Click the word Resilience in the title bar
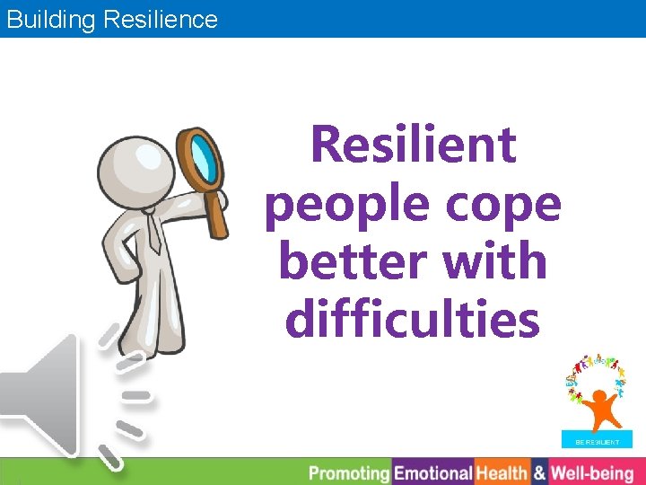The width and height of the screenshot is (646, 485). coord(161,19)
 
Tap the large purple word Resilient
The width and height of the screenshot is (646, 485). coord(413,145)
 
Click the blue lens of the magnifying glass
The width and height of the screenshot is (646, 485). coord(204,157)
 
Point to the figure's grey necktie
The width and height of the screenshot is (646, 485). coord(154,234)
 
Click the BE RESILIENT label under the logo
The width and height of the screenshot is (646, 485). coord(597,442)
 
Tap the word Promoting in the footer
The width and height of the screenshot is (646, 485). coord(349,472)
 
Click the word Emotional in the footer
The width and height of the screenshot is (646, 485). coord(434,472)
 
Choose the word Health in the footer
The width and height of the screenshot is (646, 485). coord(502,472)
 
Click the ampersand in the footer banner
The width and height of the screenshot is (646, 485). coord(538,472)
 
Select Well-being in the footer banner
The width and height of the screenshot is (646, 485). coord(591,472)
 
